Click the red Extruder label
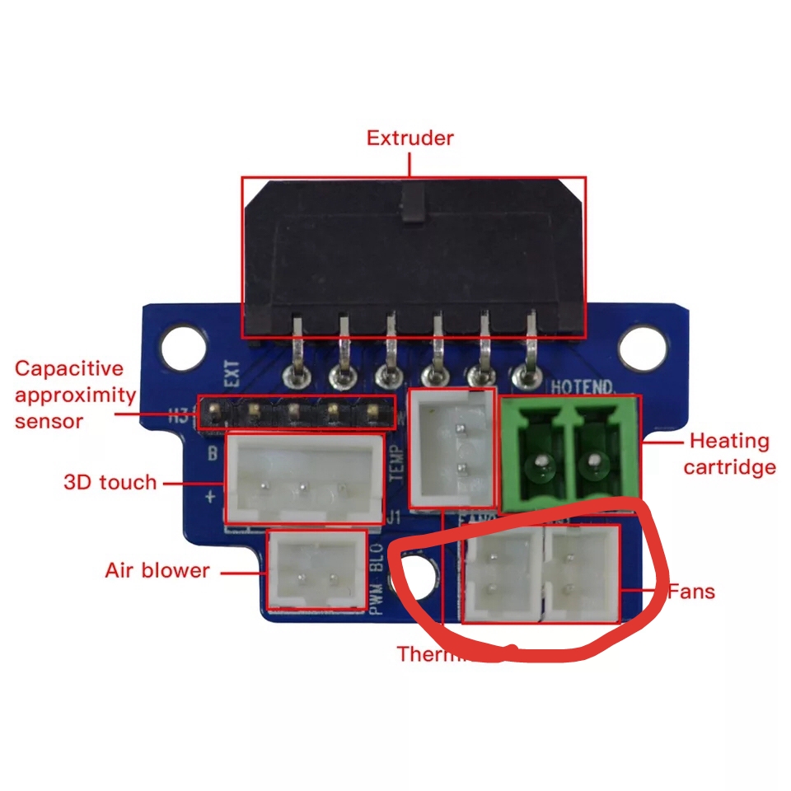[410, 138]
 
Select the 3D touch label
[110, 482]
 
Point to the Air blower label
[157, 570]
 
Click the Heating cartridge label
[729, 454]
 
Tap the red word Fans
[690, 592]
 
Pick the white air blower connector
[317, 569]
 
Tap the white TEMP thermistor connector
[452, 448]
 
